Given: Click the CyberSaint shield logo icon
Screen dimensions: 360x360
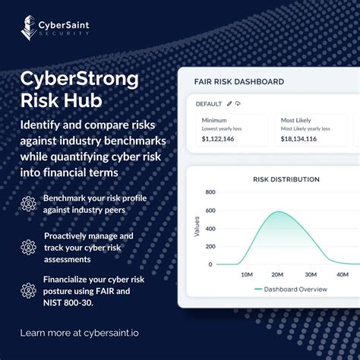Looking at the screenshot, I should [x=28, y=27].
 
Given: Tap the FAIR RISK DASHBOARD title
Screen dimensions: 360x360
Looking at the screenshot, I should [x=240, y=81].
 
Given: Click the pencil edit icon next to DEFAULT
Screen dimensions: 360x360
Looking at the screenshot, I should [x=229, y=103].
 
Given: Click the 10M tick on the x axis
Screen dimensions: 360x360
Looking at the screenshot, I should [x=246, y=274].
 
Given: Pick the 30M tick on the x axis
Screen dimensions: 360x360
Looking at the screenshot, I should [x=310, y=274].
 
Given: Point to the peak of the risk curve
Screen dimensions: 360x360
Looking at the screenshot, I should [x=276, y=212].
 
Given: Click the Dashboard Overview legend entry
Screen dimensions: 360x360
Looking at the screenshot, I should [x=297, y=289].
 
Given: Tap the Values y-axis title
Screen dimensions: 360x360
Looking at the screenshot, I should [x=197, y=227].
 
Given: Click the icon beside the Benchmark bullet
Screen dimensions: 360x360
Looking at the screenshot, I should [x=28, y=203].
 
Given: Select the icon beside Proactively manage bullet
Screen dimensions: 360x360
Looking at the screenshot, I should [x=28, y=246].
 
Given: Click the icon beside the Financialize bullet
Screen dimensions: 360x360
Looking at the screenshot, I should [x=28, y=290].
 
